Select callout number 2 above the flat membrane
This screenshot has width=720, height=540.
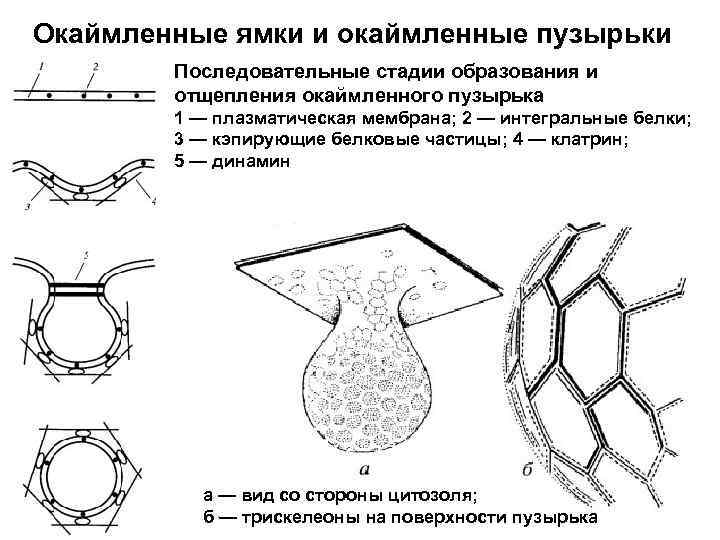click(94, 67)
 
